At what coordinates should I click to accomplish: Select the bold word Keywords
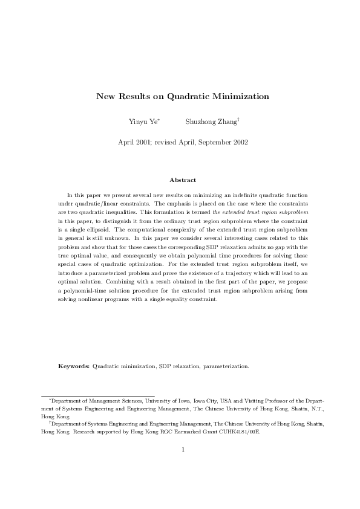click(x=74, y=366)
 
